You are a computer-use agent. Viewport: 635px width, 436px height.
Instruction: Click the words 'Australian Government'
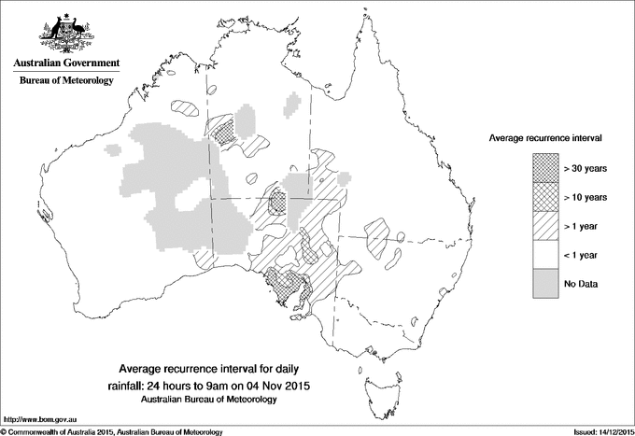coord(65,63)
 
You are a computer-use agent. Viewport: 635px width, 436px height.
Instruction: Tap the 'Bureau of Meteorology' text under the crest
coord(65,81)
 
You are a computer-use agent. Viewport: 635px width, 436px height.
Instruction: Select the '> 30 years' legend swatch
coord(546,168)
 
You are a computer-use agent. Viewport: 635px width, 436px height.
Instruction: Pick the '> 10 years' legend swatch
coord(546,197)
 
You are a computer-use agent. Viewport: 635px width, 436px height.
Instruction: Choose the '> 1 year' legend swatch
coord(546,226)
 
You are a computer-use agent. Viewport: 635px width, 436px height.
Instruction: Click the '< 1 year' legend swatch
coord(546,255)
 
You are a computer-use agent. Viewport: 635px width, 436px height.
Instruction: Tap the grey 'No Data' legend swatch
coord(546,284)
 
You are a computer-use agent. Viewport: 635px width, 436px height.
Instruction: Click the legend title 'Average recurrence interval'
coord(545,137)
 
